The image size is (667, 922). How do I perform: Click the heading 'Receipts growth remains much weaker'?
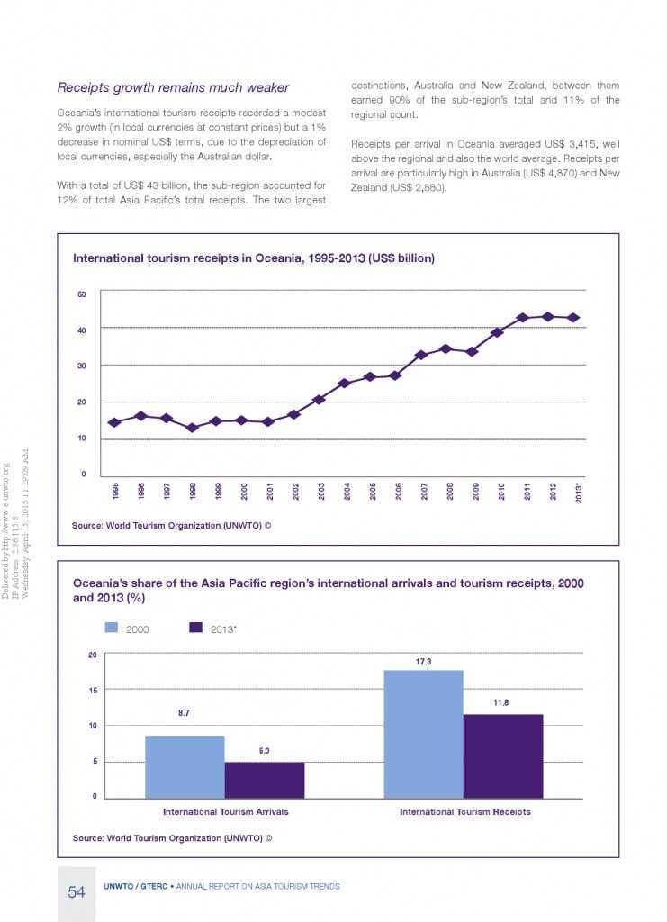point(173,87)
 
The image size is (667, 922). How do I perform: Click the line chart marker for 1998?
point(191,428)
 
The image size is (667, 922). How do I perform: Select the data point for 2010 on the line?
point(497,332)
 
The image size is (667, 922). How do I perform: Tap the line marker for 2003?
point(319,399)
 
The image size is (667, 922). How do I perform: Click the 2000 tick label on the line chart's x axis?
point(243,491)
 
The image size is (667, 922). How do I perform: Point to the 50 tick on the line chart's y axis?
point(81,294)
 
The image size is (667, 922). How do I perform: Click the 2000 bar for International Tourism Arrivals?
point(185,766)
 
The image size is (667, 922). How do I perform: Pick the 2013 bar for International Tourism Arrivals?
point(265,780)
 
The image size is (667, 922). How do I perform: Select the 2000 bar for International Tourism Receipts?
point(424,734)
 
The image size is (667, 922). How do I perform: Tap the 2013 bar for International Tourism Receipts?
point(503,755)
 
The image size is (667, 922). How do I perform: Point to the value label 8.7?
point(185,713)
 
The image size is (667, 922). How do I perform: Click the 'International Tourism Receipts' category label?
point(464,811)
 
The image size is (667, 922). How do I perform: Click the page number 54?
point(76,892)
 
